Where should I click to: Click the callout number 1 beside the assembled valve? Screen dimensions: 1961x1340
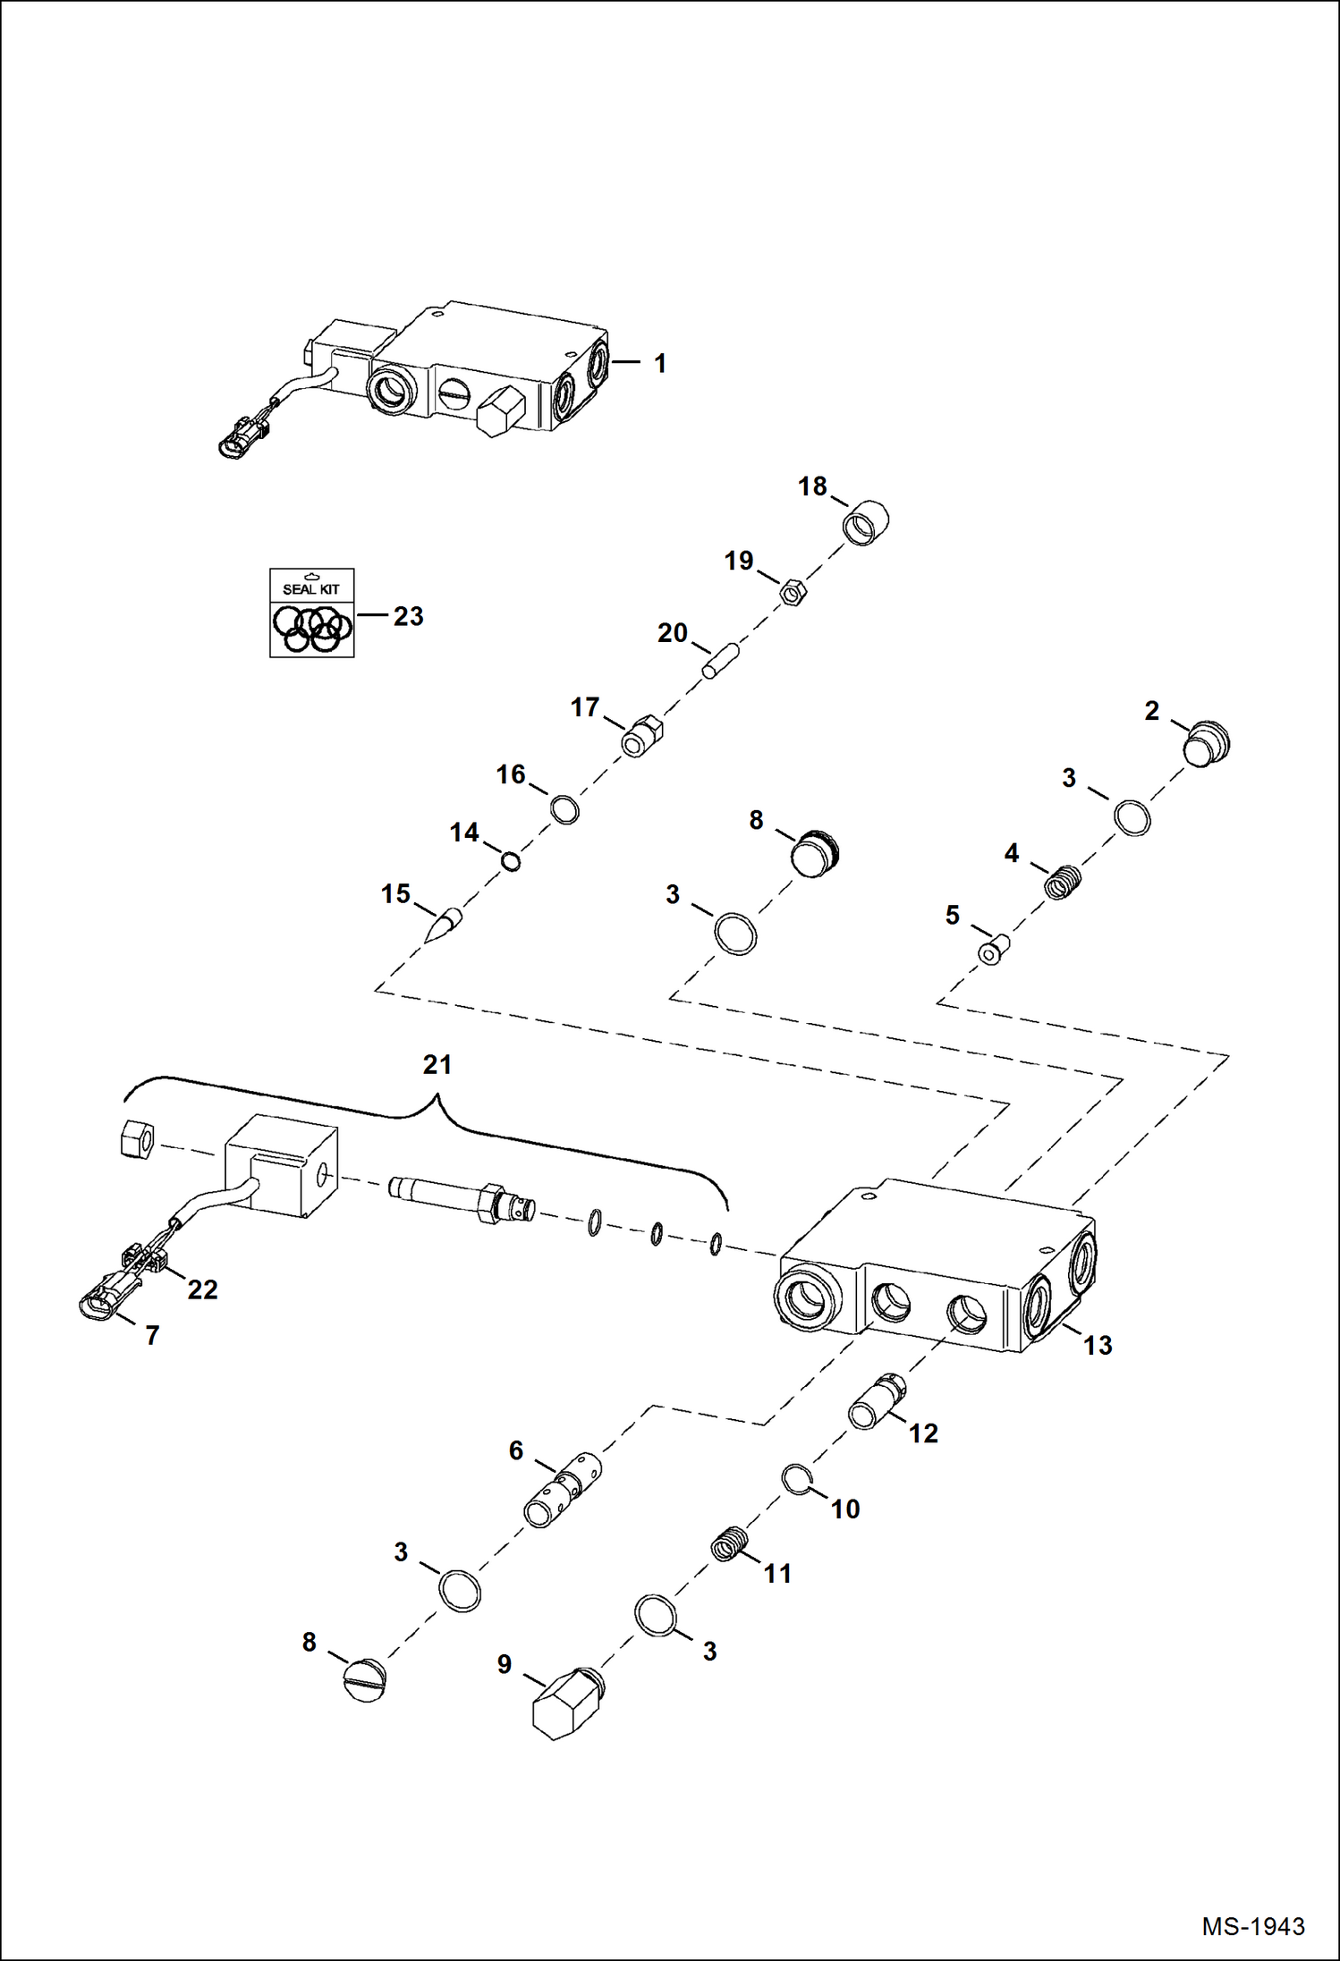point(659,364)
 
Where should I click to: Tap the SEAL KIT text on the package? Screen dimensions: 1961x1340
point(311,589)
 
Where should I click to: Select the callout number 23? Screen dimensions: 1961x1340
point(408,616)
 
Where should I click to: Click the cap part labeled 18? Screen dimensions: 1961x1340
point(866,523)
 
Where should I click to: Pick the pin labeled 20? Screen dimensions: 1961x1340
point(719,661)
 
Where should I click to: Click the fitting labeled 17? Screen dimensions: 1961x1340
point(642,736)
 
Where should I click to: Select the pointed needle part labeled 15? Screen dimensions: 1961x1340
point(444,925)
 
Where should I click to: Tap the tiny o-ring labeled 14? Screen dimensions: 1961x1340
point(511,862)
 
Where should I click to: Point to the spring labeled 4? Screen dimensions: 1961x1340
point(1064,883)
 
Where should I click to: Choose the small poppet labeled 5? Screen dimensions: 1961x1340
point(992,950)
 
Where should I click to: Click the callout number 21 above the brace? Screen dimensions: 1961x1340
point(437,1064)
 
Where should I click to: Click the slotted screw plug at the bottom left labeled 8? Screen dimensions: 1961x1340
point(364,1680)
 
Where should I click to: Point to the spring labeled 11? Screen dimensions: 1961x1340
point(730,1544)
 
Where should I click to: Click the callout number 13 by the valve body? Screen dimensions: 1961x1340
point(1098,1345)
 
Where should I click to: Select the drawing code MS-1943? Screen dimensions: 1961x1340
point(1252,1926)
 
